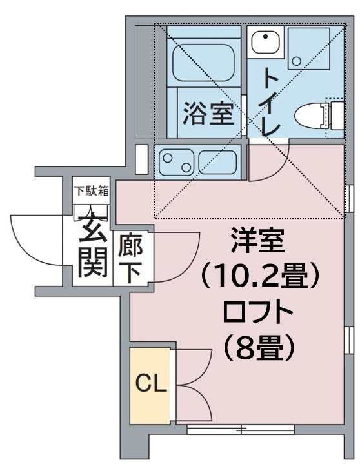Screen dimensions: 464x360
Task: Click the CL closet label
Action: pyautogui.click(x=151, y=385)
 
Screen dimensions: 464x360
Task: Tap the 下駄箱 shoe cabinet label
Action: pyautogui.click(x=90, y=190)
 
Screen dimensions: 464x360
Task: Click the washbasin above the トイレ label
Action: pyautogui.click(x=264, y=43)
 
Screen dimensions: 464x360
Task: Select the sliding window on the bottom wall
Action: pyautogui.click(x=242, y=429)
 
